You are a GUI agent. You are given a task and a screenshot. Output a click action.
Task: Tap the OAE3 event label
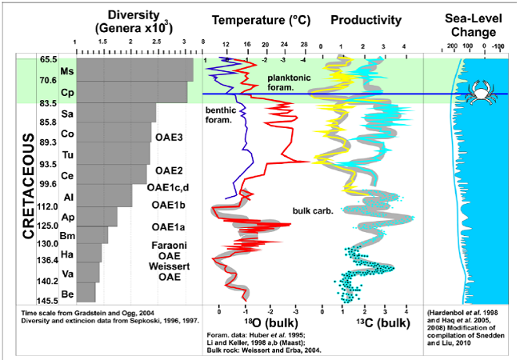pos(170,138)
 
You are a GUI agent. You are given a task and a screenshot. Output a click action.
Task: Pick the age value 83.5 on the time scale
pos(47,104)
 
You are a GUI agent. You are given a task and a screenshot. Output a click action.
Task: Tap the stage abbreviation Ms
pos(67,71)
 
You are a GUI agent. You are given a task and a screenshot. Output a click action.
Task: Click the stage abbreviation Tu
pos(68,154)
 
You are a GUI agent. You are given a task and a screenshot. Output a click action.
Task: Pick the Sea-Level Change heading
pos(471,26)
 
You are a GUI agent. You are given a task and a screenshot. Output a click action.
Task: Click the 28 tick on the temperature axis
pos(304,44)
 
